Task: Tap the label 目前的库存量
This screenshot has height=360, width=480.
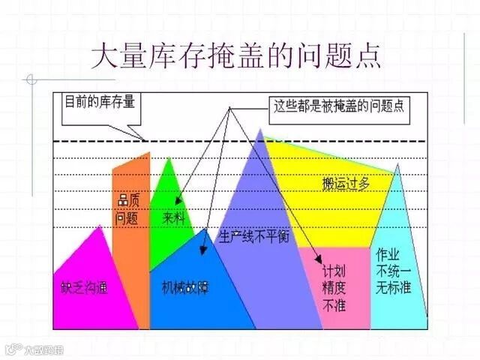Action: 99,100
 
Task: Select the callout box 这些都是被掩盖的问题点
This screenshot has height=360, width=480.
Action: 338,105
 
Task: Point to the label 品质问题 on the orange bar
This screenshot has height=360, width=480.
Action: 127,209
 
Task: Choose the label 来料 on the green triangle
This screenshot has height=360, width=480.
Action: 173,218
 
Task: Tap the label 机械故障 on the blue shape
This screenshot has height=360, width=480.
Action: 184,287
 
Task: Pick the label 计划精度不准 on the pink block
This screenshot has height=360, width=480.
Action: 334,286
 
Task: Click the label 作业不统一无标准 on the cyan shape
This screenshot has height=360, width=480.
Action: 393,270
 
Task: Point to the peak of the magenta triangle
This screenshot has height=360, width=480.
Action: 97,226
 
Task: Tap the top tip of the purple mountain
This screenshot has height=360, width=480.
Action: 260,130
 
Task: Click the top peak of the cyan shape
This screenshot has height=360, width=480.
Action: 398,166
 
